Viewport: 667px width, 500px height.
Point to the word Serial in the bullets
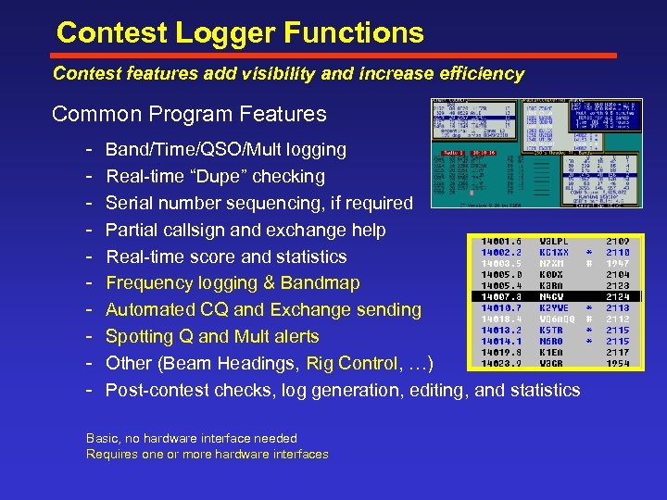[x=129, y=203]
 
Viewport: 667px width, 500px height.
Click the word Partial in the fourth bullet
[x=133, y=230]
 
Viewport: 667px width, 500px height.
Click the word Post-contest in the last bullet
[x=158, y=390]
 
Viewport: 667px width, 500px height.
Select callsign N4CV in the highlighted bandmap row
[x=553, y=296]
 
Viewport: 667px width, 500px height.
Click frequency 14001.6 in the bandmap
[x=501, y=241]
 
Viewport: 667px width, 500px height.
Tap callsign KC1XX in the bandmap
[x=555, y=252]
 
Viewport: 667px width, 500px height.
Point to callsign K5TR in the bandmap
[x=552, y=330]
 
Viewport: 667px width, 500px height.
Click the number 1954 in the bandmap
[x=618, y=363]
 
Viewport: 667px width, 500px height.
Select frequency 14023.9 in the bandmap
[x=501, y=363]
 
